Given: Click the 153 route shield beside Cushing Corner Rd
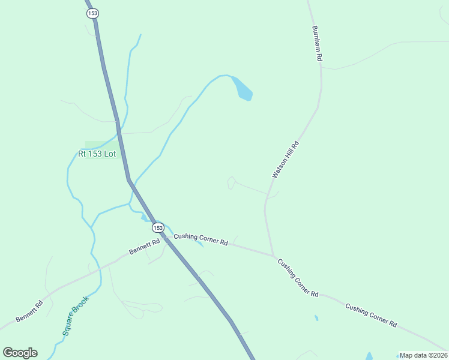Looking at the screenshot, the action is coord(157,227).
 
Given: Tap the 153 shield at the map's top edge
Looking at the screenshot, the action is coord(92,13).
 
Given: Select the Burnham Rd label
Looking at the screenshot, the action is coord(318,43).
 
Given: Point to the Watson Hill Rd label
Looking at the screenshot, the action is coord(285,160).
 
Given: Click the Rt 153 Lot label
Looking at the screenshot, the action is coord(97,154).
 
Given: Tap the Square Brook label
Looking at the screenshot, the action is coord(75,314).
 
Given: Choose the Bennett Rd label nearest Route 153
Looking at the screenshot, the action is coord(144,247).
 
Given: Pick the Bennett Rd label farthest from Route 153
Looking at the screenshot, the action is coord(30,311).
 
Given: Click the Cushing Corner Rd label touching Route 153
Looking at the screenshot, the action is coord(200,239).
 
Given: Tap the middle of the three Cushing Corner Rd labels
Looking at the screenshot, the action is coord(297,278).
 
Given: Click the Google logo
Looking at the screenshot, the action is coord(20,353).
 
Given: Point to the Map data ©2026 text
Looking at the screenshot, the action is coord(423,355).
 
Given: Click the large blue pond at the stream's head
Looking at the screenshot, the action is coord(243,89).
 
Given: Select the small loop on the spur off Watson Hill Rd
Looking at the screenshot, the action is coord(231,183).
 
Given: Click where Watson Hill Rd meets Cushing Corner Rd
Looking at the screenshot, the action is coord(274,256).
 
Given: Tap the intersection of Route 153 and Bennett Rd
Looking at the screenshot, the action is coord(163,236).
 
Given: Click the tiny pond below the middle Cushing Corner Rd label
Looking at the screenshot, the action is coord(316,317).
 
